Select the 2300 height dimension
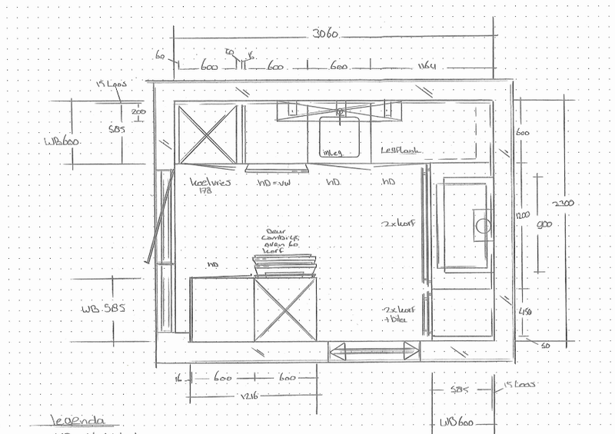[x=563, y=204]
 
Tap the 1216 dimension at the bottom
[x=248, y=396]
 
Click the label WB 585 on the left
[x=103, y=310]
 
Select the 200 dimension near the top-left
[x=138, y=111]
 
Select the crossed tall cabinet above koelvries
[x=208, y=134]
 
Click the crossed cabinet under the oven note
[x=285, y=308]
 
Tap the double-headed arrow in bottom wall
[x=374, y=353]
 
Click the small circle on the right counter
[x=482, y=226]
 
